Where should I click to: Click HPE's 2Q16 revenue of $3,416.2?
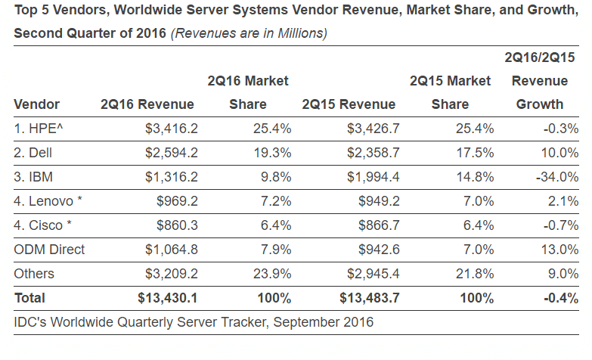click(x=171, y=129)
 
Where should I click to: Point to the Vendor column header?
click(x=36, y=104)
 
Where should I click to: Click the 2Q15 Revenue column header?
click(x=348, y=104)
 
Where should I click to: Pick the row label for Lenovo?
click(x=47, y=201)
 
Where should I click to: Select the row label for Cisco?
click(x=43, y=225)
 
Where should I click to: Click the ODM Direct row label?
click(x=49, y=250)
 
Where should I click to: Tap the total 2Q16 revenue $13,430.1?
click(x=166, y=298)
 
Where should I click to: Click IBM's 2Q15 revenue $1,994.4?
click(x=370, y=177)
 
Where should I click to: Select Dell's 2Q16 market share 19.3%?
click(x=271, y=153)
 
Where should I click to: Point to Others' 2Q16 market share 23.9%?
click(x=271, y=274)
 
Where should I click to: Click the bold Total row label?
click(x=29, y=298)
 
